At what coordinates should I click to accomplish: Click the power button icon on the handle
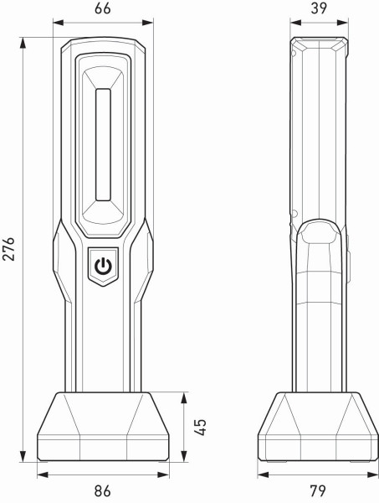pyautogui.click(x=102, y=267)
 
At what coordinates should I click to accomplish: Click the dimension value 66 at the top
pyautogui.click(x=102, y=9)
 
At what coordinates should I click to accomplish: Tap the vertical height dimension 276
pyautogui.click(x=11, y=249)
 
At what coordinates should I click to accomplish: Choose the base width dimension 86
pyautogui.click(x=102, y=490)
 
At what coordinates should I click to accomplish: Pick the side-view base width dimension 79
pyautogui.click(x=317, y=490)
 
